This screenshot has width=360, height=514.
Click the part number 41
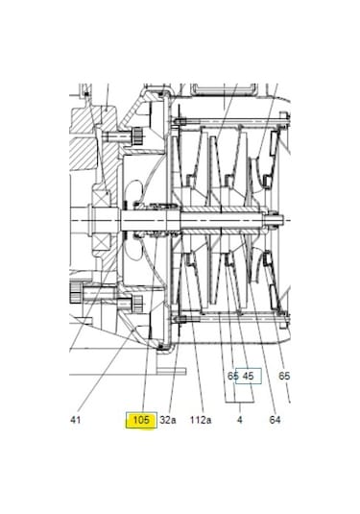click(x=77, y=420)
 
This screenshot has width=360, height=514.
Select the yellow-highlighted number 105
click(x=141, y=420)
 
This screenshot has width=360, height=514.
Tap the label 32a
click(x=168, y=420)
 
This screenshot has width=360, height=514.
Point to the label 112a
click(x=201, y=420)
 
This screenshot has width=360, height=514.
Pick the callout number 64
click(x=275, y=420)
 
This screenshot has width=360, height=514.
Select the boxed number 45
click(x=249, y=376)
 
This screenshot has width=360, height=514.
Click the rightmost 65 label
click(x=284, y=376)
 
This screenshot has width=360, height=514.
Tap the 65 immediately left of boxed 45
click(x=232, y=376)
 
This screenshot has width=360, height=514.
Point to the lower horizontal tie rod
click(x=230, y=318)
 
